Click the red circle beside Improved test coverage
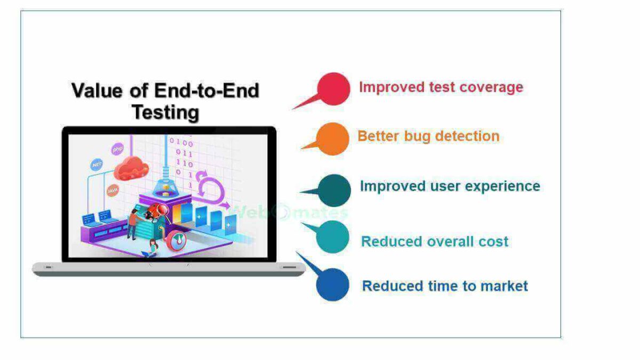click(x=334, y=89)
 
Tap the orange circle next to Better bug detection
click(x=333, y=139)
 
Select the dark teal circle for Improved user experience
click(x=334, y=190)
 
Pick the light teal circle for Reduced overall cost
click(x=333, y=237)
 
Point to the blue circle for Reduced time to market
click(x=333, y=285)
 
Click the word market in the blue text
click(x=504, y=286)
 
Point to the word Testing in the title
click(x=165, y=113)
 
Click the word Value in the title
click(x=97, y=91)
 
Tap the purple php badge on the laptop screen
click(x=117, y=149)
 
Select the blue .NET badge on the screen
click(x=97, y=165)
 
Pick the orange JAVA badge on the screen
click(x=113, y=190)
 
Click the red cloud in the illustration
click(x=131, y=169)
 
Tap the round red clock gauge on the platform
click(x=177, y=241)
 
